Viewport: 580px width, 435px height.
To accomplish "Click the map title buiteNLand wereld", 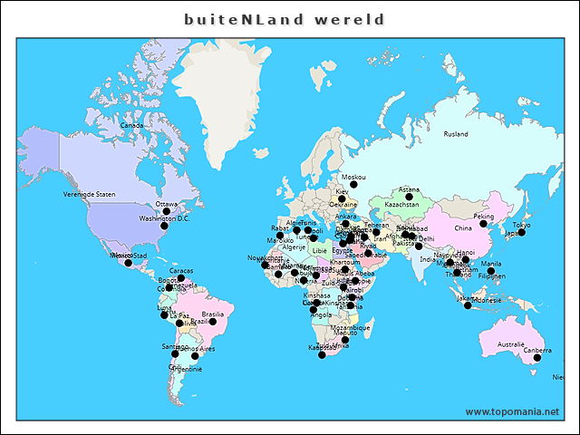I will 285,19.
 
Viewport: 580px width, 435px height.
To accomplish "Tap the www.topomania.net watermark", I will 512,411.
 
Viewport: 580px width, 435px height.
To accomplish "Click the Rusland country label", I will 456,134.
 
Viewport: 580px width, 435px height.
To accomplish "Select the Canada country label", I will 132,125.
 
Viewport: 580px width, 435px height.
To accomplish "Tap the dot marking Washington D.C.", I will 164,226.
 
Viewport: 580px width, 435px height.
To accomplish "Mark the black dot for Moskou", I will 354,184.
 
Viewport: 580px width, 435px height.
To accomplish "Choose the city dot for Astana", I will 409,197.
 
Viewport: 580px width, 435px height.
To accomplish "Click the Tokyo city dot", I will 521,233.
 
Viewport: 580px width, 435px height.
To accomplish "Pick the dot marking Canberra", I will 536,358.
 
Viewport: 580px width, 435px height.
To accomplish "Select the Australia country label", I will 510,343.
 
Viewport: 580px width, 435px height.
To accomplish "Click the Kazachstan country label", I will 401,205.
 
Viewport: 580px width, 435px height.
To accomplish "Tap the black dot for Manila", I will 490,271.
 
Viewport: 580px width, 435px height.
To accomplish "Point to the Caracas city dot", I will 180,278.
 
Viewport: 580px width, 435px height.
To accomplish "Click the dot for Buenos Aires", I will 194,356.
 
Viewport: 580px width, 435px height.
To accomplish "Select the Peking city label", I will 485,217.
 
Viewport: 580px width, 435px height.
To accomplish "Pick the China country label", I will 463,228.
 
